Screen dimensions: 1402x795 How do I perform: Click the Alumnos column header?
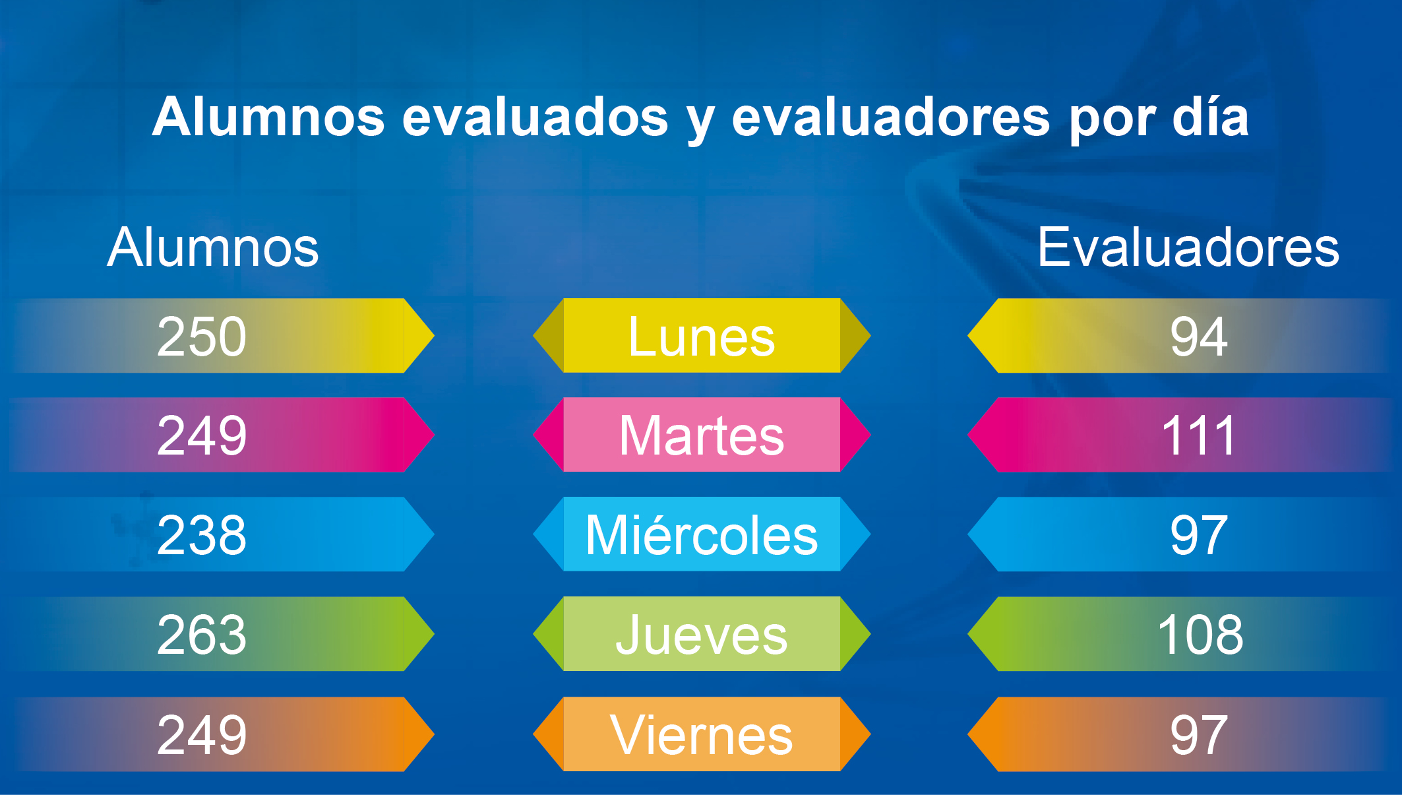(213, 247)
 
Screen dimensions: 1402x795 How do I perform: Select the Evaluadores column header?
(1188, 247)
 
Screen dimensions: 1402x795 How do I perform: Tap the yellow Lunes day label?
(702, 336)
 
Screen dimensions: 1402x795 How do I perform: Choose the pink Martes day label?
(702, 435)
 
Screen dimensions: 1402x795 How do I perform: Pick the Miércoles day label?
(702, 534)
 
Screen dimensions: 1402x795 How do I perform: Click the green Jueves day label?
(702, 635)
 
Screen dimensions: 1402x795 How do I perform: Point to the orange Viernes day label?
(702, 735)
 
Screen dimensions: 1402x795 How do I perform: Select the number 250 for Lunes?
(202, 336)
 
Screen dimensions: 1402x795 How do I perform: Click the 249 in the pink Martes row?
(202, 435)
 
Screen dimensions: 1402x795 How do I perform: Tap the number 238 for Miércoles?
(202, 535)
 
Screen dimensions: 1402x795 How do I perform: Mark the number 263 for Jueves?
(202, 635)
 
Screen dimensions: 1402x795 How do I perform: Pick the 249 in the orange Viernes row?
(202, 734)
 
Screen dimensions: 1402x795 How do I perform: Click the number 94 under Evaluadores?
(1199, 336)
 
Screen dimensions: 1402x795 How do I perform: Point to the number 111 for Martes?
(1198, 435)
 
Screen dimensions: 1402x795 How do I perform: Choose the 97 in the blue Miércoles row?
(1199, 535)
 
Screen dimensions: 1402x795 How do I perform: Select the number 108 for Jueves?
(1200, 635)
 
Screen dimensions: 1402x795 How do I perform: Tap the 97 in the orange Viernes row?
(1199, 734)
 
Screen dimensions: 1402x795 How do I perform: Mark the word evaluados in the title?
(535, 117)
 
